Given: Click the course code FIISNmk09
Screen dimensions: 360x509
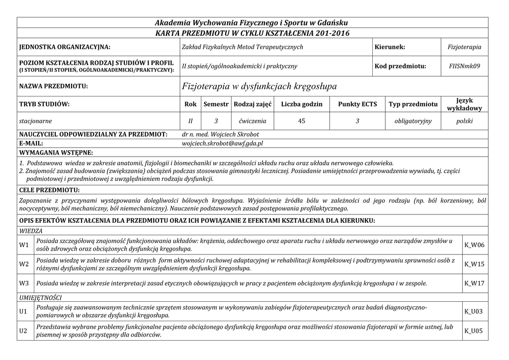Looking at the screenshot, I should (x=464, y=66).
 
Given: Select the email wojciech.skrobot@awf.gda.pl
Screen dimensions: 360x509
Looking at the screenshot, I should (x=223, y=143).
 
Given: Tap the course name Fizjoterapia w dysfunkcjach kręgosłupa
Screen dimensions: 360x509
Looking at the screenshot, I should (x=259, y=87).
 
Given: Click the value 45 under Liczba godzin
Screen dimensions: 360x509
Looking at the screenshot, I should (x=302, y=121).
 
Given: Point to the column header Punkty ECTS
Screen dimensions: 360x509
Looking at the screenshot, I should (x=357, y=104).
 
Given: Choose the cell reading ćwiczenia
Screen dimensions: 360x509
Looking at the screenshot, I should (x=253, y=121).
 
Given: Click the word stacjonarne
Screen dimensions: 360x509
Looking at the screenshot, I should (x=35, y=121).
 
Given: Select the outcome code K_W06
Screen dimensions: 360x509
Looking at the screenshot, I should (x=474, y=245).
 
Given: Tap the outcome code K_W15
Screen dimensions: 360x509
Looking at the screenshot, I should (x=474, y=265).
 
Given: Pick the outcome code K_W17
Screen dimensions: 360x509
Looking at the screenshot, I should (x=474, y=283).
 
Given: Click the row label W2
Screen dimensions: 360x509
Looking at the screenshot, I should (x=24, y=265).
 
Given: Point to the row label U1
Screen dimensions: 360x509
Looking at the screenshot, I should (x=23, y=312).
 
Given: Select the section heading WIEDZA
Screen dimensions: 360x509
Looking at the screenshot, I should (x=31, y=231).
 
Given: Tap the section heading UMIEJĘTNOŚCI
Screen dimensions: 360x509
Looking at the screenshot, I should (x=40, y=297).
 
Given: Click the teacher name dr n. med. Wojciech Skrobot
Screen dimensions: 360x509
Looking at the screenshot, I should (x=221, y=134).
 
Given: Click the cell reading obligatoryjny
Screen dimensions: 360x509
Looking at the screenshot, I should (x=413, y=121).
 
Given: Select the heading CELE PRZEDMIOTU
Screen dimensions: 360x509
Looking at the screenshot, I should (x=49, y=190).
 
